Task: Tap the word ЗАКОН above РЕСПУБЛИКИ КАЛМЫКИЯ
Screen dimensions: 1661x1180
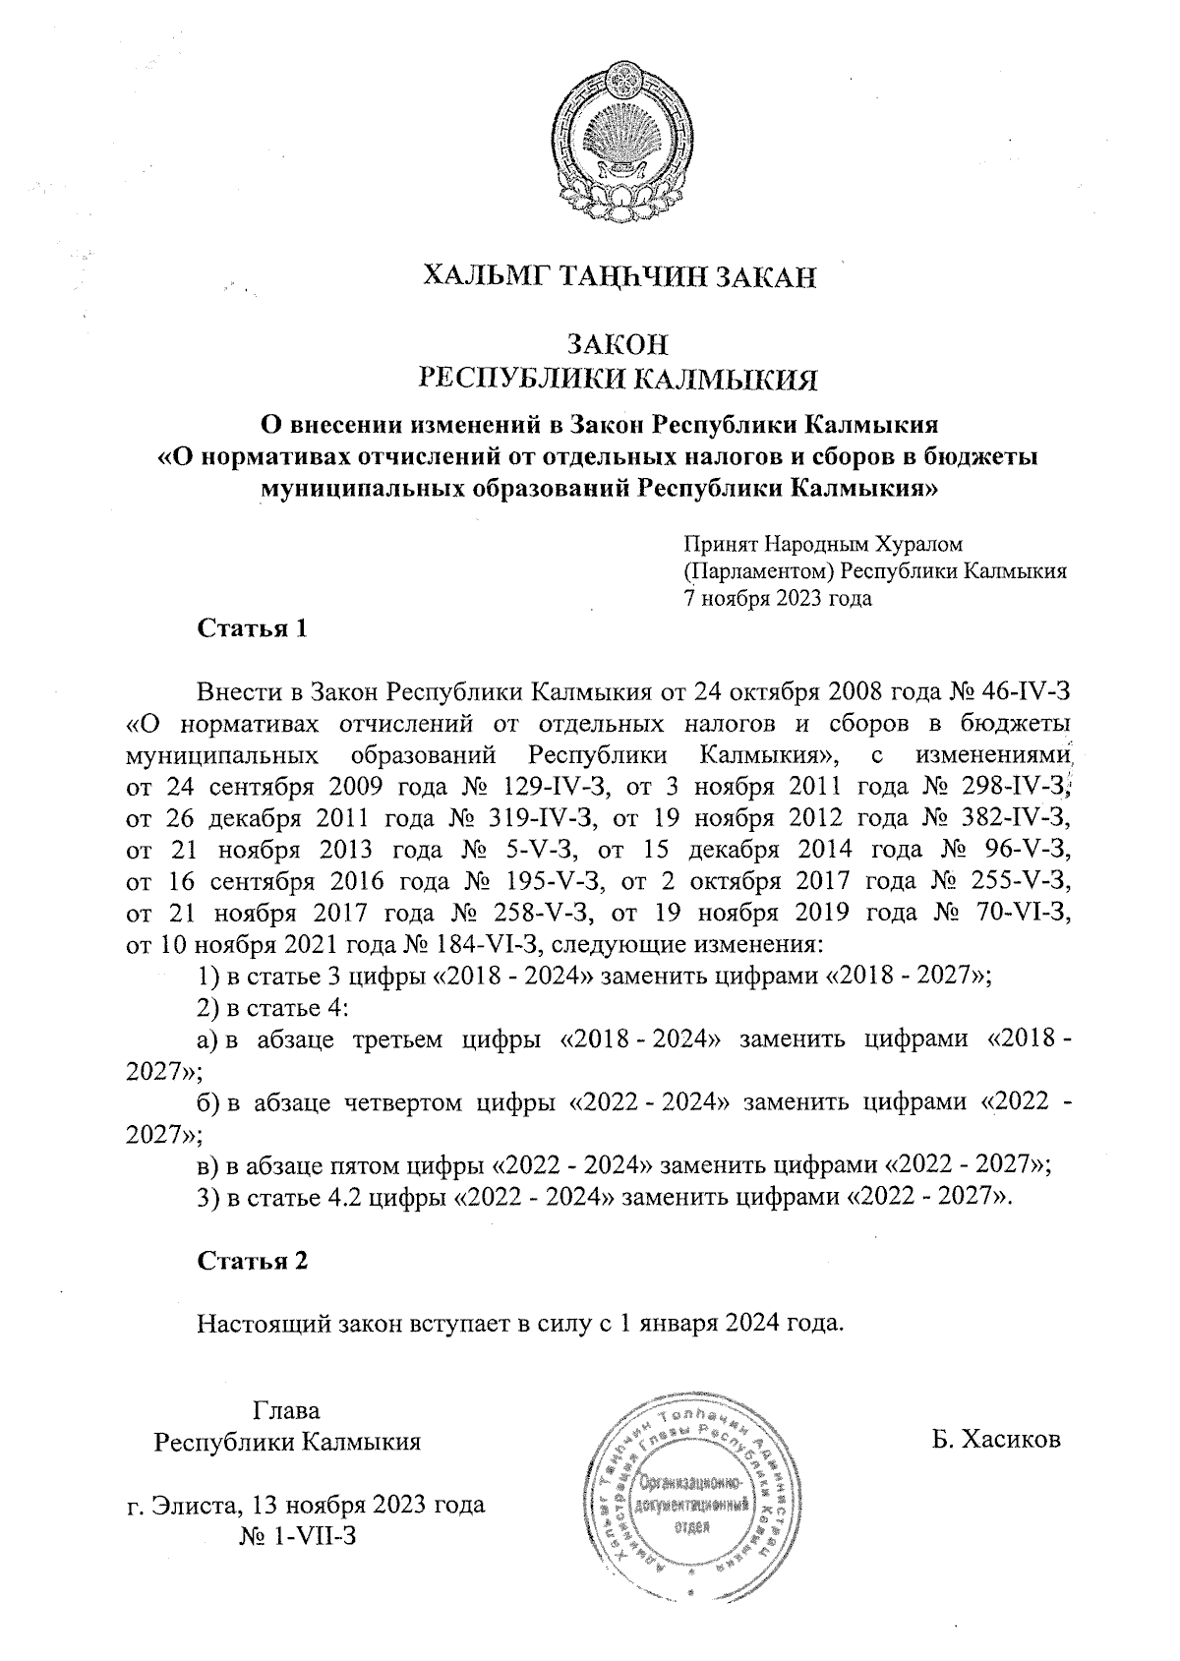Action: (x=619, y=344)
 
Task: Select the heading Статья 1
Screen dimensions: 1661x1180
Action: (x=253, y=628)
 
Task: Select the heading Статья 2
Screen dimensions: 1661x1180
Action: (x=253, y=1261)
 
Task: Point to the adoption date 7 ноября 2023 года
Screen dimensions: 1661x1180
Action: (x=778, y=597)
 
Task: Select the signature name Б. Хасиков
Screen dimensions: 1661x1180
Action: (x=997, y=1441)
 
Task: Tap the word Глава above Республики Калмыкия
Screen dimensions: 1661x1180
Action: (x=287, y=1410)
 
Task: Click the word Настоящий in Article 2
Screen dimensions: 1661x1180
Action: (x=258, y=1323)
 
